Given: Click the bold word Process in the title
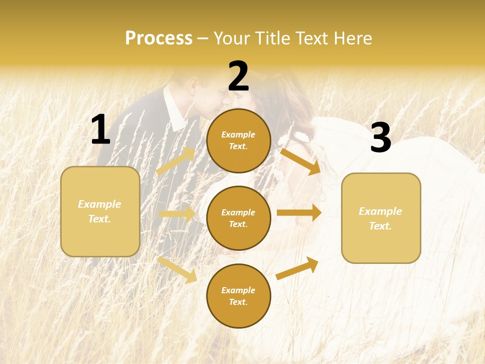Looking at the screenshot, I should (159, 38).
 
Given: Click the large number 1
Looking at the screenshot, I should (101, 130).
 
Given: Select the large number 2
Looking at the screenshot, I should (238, 76).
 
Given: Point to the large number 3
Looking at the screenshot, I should (380, 138).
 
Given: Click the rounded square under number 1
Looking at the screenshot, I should (100, 211).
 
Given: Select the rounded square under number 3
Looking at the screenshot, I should (381, 218).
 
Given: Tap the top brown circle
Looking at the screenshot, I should (238, 141).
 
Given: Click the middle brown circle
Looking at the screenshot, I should (238, 218).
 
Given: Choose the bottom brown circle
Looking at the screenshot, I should (238, 296).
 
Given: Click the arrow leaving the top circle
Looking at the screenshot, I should (301, 161).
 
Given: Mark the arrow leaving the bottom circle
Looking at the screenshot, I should (298, 268).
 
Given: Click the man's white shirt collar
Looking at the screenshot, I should (175, 112).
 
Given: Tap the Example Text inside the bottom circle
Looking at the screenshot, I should (238, 296).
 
